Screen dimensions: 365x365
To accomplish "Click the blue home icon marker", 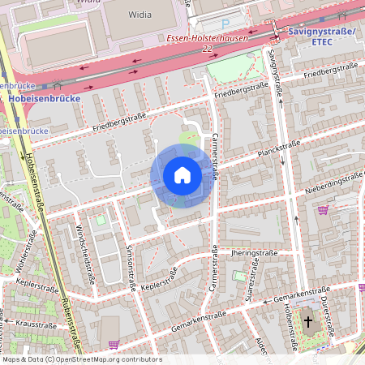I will point(182,175).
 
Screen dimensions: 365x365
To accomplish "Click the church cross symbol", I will point(308,322).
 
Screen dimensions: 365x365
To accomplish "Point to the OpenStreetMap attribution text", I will point(82,359).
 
